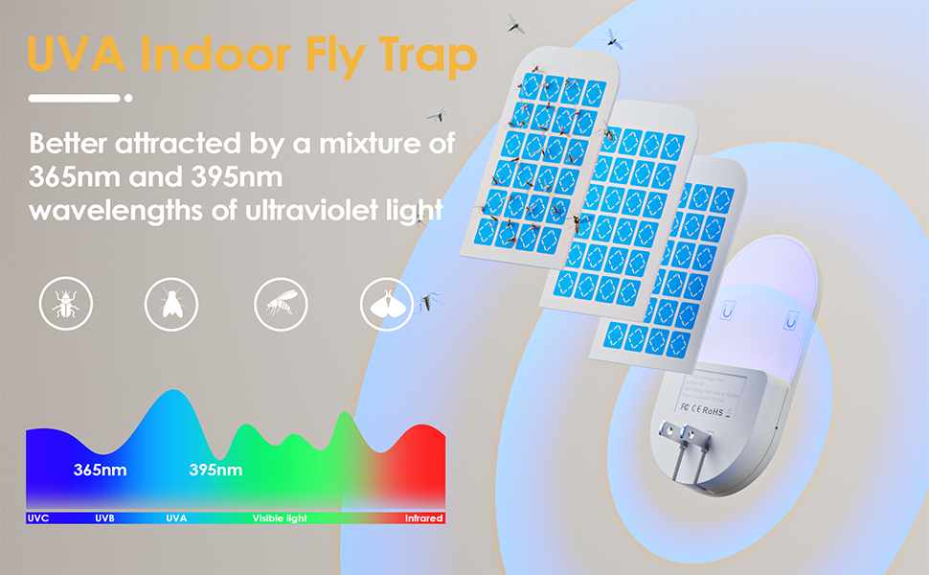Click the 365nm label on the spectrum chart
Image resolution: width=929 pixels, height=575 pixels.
click(100, 471)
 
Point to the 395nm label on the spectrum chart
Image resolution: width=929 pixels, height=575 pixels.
click(215, 471)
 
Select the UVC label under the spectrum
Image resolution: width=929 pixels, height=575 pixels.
click(38, 518)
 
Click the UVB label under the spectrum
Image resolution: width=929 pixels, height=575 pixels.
click(105, 518)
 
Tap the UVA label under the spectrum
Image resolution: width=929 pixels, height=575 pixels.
click(176, 518)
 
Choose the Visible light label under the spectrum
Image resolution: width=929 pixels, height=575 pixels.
click(280, 518)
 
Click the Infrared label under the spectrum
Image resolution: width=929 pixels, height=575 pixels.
click(423, 518)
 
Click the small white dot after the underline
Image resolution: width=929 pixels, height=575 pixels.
click(128, 98)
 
